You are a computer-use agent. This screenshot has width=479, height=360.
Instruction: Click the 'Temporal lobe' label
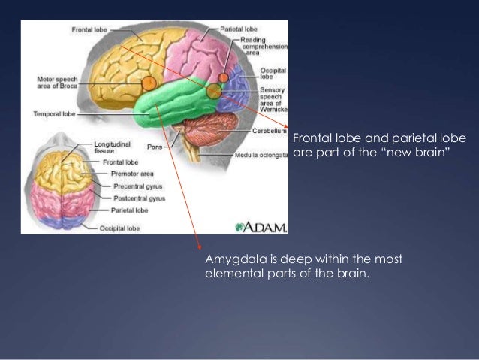pyautogui.click(x=53, y=115)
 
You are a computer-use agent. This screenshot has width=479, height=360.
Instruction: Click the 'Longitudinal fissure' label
pyautogui.click(x=113, y=146)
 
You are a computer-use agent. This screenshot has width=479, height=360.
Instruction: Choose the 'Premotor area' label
pyautogui.click(x=131, y=174)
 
